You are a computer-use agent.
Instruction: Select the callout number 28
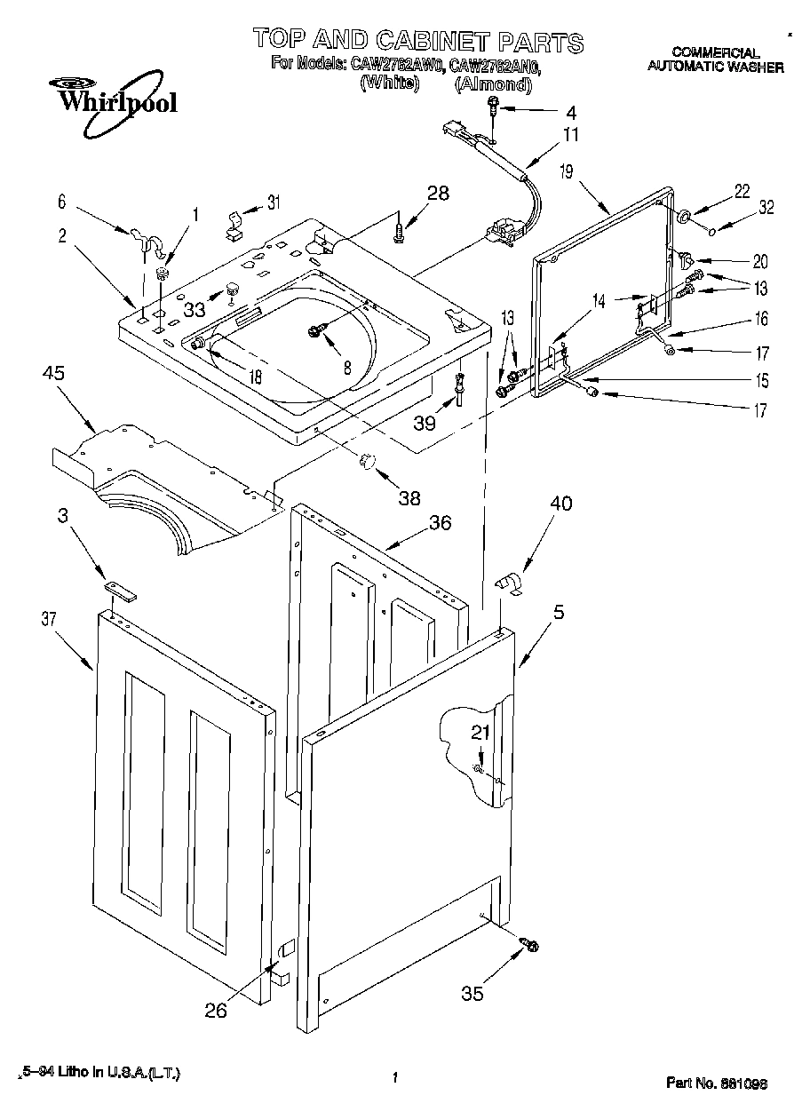point(437,193)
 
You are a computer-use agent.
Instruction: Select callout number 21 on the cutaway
point(479,733)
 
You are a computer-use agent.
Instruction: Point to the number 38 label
point(409,497)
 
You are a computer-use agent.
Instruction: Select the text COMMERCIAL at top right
point(715,52)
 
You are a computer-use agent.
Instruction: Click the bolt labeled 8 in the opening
point(315,331)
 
